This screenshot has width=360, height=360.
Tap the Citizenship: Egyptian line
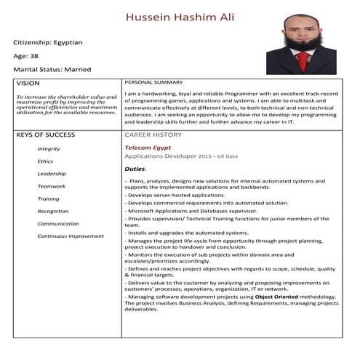[48, 42]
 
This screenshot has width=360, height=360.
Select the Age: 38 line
[25, 56]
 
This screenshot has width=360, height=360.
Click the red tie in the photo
[302, 60]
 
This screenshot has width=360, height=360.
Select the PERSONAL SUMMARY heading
[153, 82]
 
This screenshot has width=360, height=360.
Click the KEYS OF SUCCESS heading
[44, 135]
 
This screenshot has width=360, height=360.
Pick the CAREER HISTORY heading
[153, 135]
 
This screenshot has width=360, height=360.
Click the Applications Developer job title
[159, 156]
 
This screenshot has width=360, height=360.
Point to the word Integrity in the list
[49, 148]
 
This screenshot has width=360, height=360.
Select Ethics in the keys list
[45, 161]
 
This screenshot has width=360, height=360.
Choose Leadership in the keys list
[51, 174]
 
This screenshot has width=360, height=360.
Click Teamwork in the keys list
[51, 186]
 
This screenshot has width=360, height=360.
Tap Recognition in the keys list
[53, 211]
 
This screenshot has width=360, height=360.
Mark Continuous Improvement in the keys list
[71, 236]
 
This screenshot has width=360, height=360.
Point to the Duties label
[135, 169]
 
